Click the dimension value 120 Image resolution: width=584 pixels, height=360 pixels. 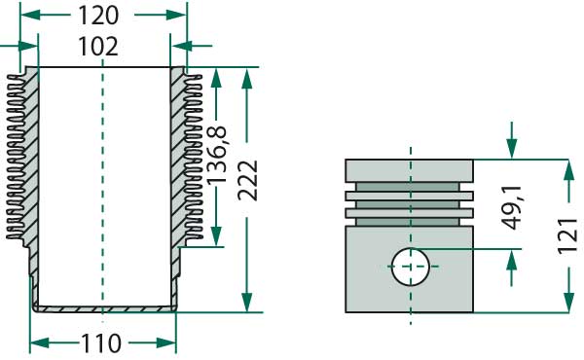tap(98, 16)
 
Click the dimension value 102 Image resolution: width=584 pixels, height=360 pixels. tap(98, 46)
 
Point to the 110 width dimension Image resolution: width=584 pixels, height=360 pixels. tap(101, 342)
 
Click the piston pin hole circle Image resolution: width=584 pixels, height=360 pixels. tap(411, 265)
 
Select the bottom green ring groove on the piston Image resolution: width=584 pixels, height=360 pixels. tap(410, 212)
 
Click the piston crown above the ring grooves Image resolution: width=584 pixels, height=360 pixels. tap(410, 169)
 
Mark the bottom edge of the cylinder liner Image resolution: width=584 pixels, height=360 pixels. tap(104, 309)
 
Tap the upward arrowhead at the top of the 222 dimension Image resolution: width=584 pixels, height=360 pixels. tap(249, 75)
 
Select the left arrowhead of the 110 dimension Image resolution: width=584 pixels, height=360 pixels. tap(37, 342)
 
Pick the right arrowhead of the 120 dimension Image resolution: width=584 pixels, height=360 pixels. tap(180, 16)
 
